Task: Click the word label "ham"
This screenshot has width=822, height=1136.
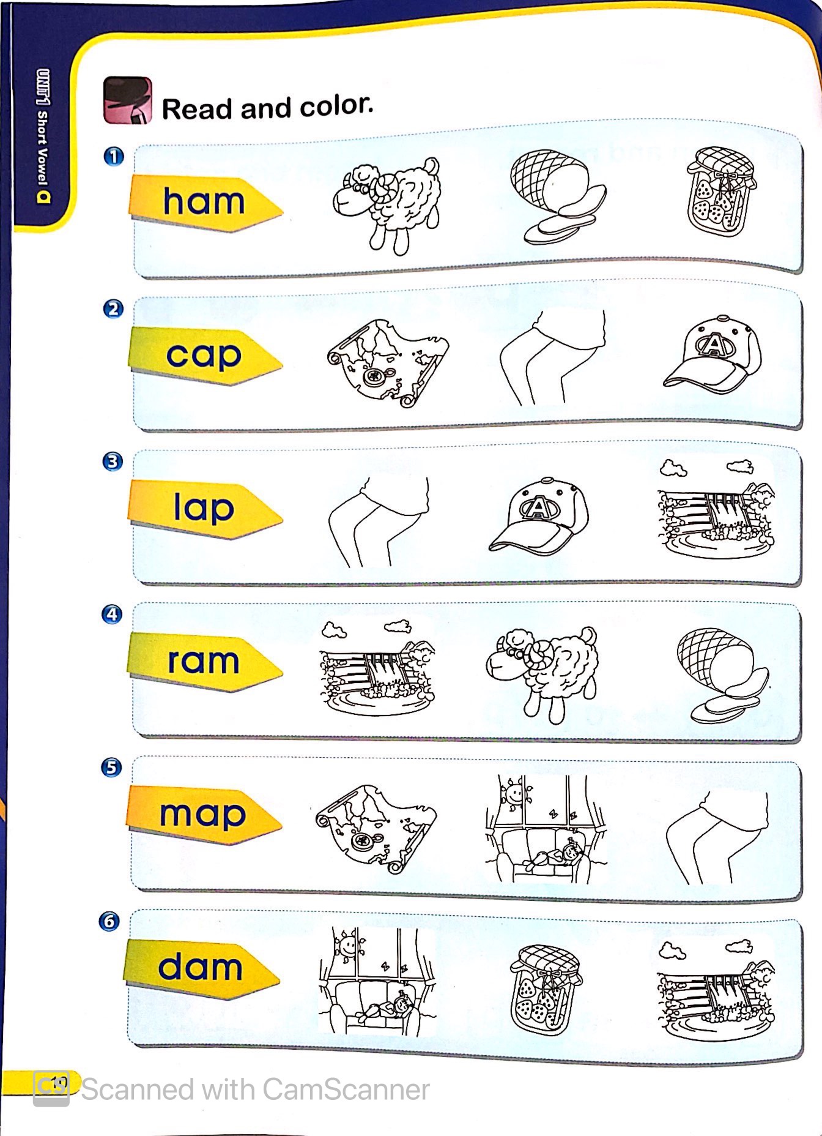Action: pos(204,201)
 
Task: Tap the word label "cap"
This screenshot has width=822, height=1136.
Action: pos(204,356)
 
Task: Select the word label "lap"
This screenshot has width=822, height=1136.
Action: pos(204,508)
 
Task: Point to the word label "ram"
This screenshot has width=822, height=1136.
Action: pos(203,661)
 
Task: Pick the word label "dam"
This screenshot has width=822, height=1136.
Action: pos(200,967)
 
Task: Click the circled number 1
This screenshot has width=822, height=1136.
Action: pos(114,156)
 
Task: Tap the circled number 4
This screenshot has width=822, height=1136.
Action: pos(112,614)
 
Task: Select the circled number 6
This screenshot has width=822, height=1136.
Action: pos(109,921)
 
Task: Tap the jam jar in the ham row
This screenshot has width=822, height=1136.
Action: pos(720,190)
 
